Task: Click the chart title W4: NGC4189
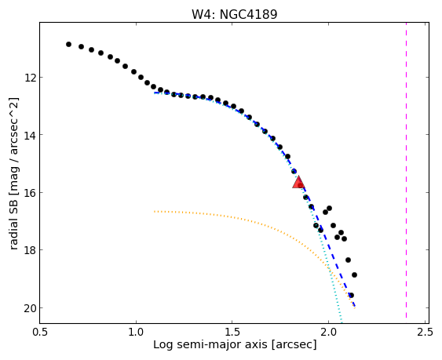click(235, 14)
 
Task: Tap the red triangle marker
click(298, 182)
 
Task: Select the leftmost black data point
click(68, 44)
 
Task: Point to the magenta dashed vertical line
click(406, 170)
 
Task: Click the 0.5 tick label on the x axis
click(40, 332)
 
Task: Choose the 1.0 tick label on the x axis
click(136, 332)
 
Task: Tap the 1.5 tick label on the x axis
click(232, 332)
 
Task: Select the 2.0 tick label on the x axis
click(328, 332)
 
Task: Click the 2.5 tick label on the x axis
click(425, 332)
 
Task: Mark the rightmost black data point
click(354, 275)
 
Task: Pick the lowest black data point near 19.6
click(351, 295)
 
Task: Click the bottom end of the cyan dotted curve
click(342, 323)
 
